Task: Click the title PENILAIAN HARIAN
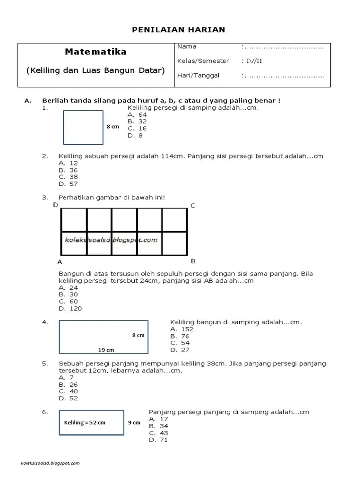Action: pos(178,30)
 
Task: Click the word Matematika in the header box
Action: pos(96,52)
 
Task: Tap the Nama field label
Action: pos(187,47)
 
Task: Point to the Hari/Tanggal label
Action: pos(198,75)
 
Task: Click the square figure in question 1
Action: pos(83,127)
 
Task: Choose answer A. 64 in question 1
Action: pos(137,114)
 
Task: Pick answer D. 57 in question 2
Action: pos(68,184)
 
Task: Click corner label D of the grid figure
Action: pos(55,205)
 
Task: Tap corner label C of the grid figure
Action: pos(193,206)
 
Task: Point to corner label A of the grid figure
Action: pos(60,262)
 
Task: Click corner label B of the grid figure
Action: pos(193,261)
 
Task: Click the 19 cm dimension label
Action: pos(106,350)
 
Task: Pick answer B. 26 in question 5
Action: pos(68,384)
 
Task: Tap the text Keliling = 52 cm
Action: pos(85,423)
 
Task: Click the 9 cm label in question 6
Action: pos(134,423)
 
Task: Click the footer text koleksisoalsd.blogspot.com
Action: pos(51,463)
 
